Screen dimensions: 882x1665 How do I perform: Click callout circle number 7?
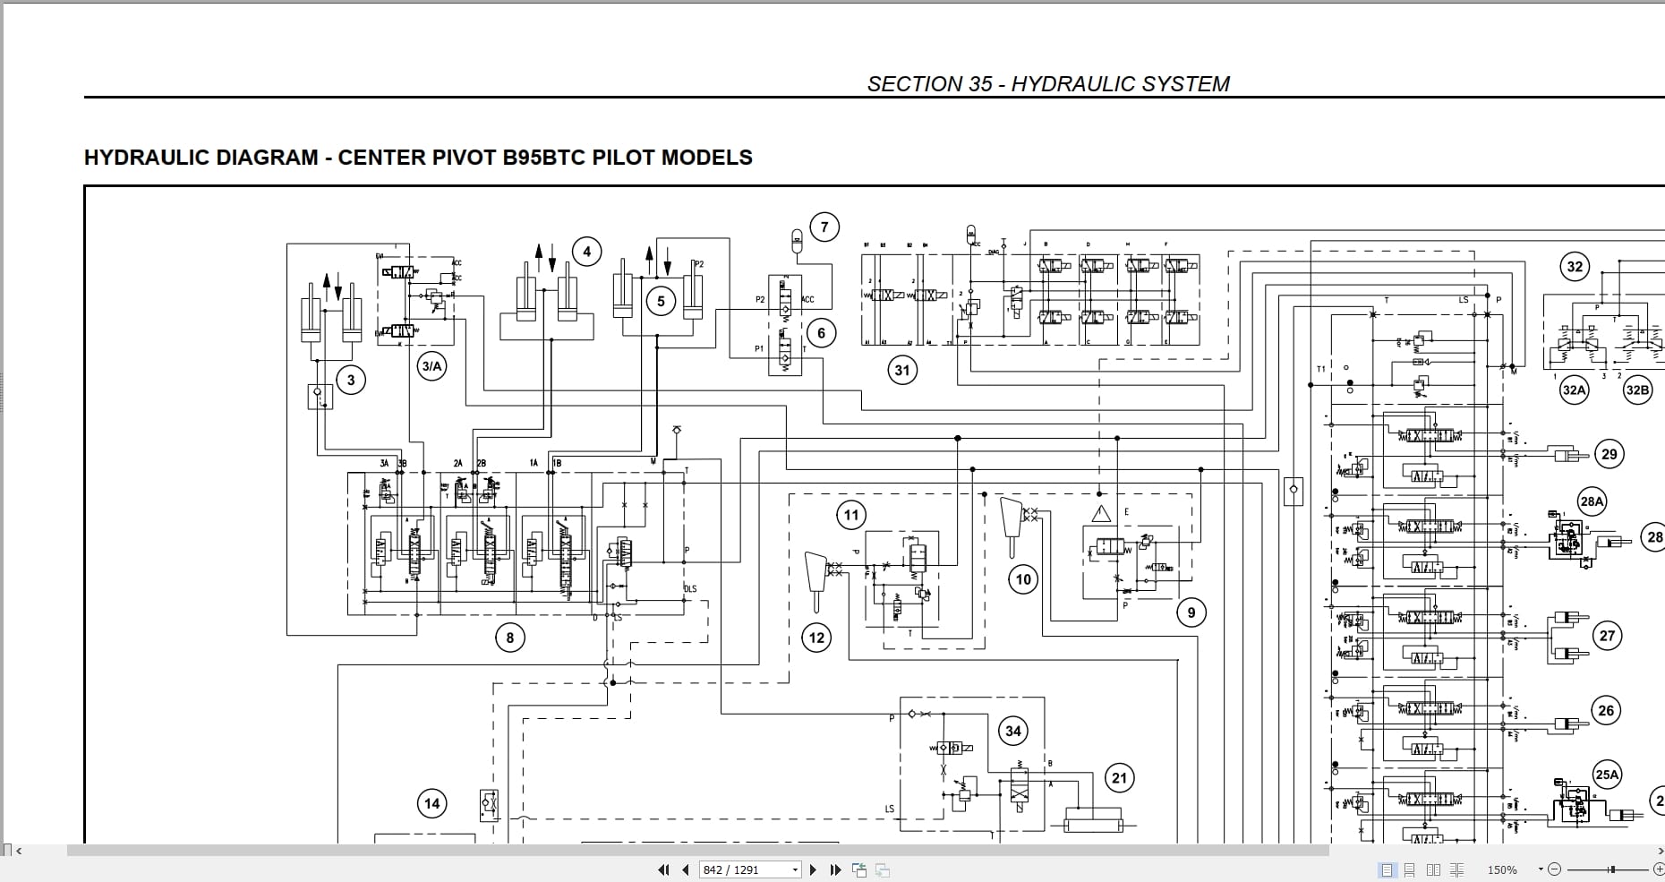824,227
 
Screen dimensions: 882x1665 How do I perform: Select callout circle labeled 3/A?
431,365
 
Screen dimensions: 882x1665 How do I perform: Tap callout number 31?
901,370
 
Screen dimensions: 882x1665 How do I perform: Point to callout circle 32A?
1574,390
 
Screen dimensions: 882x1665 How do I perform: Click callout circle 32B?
1637,390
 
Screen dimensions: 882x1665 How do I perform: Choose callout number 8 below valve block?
510,638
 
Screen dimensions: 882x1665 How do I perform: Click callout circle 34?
1012,731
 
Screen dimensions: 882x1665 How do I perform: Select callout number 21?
1119,778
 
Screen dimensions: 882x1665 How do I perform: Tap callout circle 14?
431,803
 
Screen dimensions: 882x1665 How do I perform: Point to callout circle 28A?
1592,501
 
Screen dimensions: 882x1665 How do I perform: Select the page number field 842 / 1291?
745,869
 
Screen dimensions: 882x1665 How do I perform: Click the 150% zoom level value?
1502,869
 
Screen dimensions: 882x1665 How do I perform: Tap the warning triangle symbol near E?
1101,514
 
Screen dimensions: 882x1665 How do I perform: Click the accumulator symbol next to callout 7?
797,239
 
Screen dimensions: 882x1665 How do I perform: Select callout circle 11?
850,515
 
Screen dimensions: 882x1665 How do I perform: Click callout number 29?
1609,454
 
